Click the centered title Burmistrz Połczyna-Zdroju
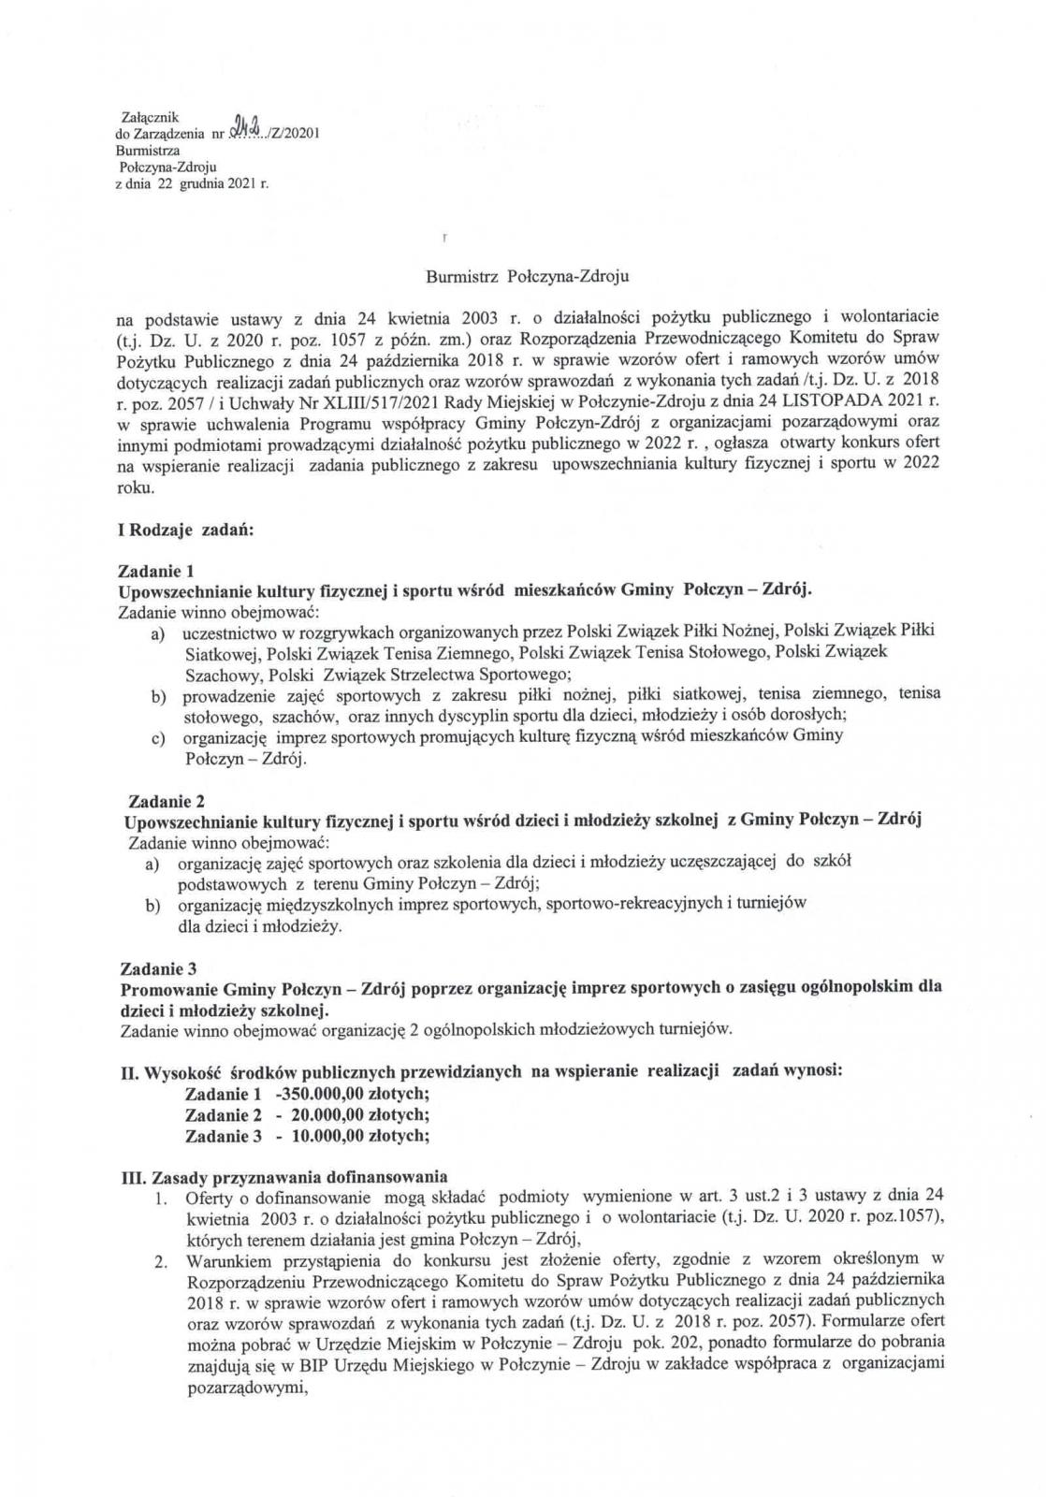click(528, 277)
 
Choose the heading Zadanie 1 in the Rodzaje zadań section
click(157, 571)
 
